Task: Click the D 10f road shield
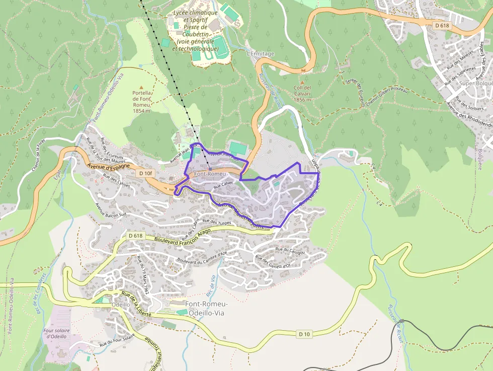point(145,173)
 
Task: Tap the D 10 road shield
point(304,334)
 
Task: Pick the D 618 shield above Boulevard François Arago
point(135,236)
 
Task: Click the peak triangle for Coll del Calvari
point(302,83)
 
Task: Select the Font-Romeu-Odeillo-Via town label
point(206,309)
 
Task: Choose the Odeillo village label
point(121,305)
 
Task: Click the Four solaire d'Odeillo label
point(57,333)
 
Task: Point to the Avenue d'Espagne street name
point(108,166)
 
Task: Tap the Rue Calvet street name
point(223,185)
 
